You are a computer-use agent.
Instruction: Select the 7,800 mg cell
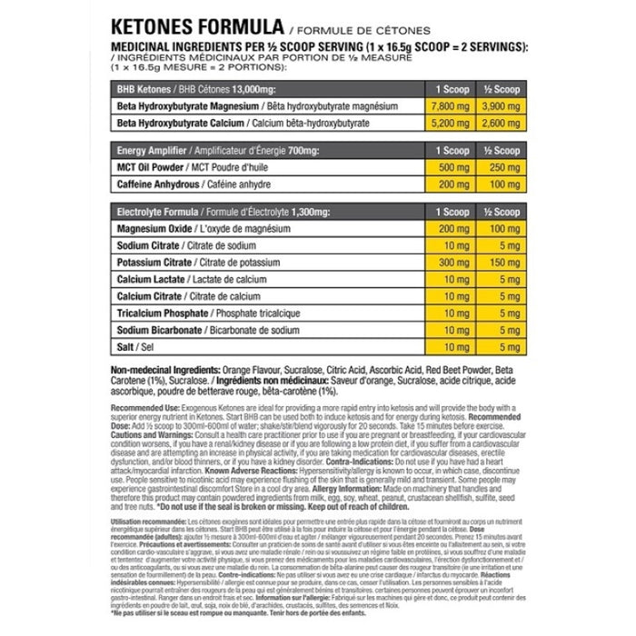point(452,106)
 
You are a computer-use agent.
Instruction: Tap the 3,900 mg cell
point(502,106)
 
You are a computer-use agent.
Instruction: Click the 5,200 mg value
point(452,124)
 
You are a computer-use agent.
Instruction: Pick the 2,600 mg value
point(502,124)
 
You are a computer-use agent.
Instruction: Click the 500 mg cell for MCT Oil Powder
point(452,167)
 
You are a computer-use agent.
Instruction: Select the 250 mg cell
point(502,167)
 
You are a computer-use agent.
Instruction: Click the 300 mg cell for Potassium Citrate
point(452,263)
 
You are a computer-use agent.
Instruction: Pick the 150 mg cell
point(502,263)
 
